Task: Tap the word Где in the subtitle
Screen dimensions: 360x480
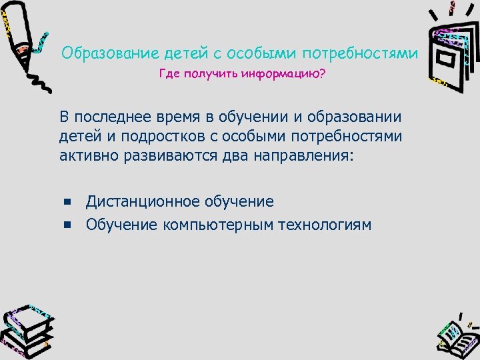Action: [169, 74]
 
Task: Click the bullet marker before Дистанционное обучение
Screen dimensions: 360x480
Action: [67, 201]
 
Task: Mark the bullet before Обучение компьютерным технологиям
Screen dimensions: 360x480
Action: [67, 225]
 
